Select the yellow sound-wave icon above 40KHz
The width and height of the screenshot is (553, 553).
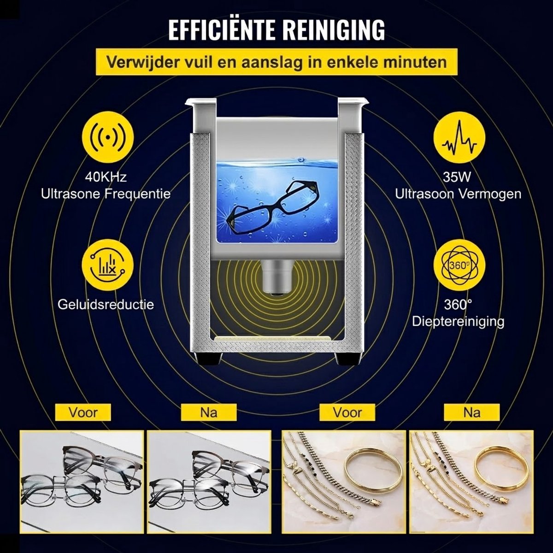pos(108,137)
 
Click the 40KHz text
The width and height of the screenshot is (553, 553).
pos(106,177)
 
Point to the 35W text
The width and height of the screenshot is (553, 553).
pos(457,177)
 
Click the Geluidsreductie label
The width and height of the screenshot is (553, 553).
pos(106,305)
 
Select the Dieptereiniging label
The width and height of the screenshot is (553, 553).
pos(458,321)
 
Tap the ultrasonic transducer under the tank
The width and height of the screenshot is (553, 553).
pos(277,277)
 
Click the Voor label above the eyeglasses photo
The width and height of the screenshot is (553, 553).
pos(83,412)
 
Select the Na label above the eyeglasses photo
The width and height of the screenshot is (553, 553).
pos(209,412)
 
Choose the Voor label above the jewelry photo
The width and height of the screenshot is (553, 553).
pos(347,412)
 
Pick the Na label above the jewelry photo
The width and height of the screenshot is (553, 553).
pos(472,412)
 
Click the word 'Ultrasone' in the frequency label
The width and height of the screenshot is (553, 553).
pos(70,194)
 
